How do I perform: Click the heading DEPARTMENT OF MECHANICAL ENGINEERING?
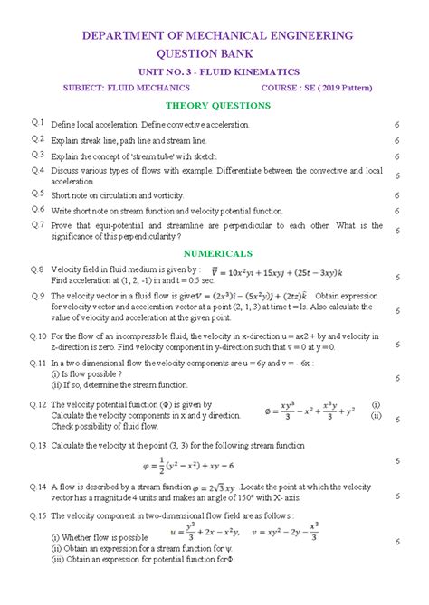[218, 35]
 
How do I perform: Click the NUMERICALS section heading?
[218, 253]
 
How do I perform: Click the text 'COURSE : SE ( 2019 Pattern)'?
[319, 88]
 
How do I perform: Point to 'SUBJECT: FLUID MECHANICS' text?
[126, 88]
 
